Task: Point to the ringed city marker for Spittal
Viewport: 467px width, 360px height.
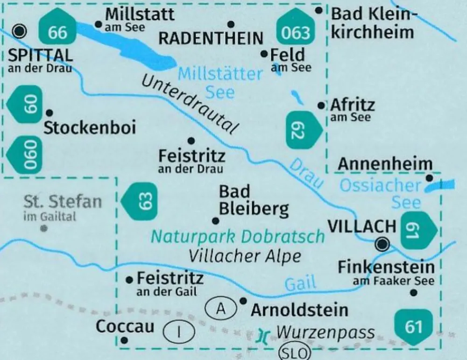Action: (19, 32)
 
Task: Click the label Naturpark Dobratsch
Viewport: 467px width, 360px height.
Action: (237, 236)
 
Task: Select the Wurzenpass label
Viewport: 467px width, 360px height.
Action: (325, 332)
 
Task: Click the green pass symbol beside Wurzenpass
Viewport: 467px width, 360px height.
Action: (264, 335)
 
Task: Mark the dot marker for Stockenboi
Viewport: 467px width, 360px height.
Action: (50, 112)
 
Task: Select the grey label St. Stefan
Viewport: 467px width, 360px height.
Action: (63, 202)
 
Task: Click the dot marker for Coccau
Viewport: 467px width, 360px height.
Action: (124, 340)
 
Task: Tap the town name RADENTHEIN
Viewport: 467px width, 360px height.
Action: (211, 39)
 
